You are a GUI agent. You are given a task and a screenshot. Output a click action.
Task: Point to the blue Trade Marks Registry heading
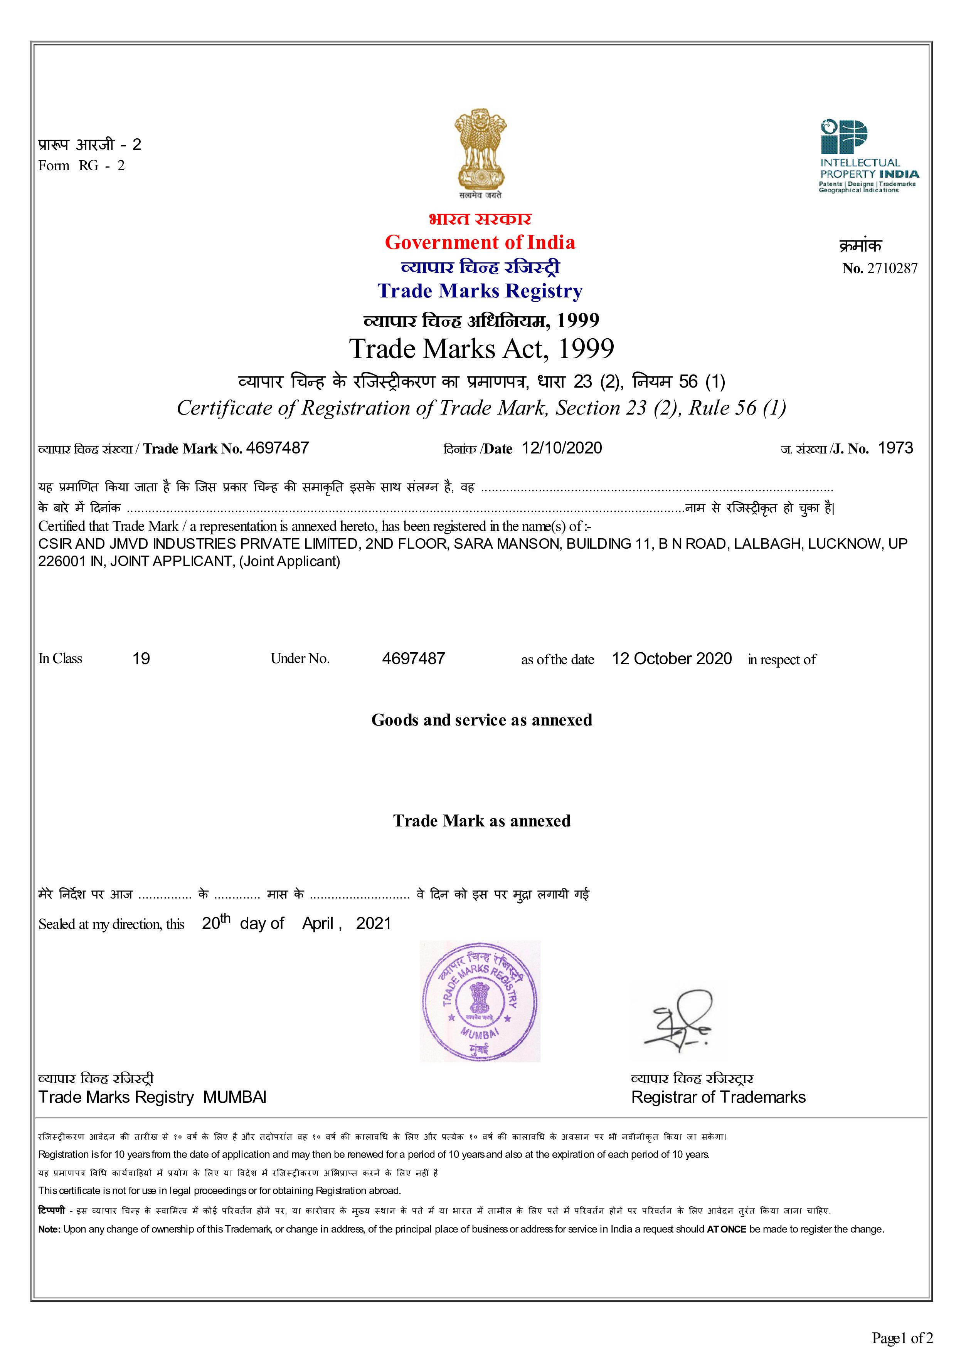tap(480, 291)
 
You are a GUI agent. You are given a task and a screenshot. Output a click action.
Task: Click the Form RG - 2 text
tap(81, 165)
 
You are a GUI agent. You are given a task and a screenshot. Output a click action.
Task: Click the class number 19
tap(141, 658)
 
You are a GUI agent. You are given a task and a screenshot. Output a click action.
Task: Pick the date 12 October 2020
tap(672, 658)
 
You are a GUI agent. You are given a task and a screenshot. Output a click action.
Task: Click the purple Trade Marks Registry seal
tap(480, 1002)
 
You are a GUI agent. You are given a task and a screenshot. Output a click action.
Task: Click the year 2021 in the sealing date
tap(374, 923)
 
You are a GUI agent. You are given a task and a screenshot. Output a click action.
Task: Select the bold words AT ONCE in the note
tap(726, 1229)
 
